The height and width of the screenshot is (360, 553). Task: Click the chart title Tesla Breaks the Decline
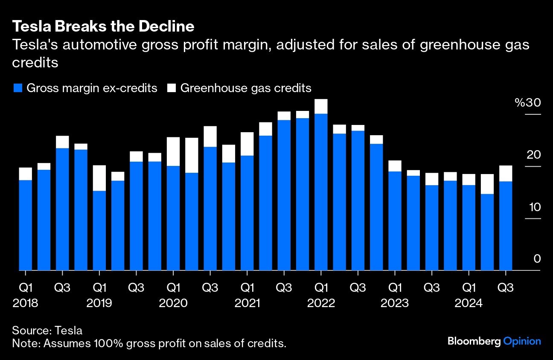(x=103, y=27)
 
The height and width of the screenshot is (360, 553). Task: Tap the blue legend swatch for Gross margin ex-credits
(x=17, y=88)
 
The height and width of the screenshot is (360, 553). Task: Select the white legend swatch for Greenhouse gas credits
(x=172, y=88)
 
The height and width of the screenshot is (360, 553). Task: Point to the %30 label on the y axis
(x=527, y=103)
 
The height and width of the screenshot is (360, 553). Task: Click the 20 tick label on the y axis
(x=533, y=155)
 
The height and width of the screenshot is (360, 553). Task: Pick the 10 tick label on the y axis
(x=533, y=207)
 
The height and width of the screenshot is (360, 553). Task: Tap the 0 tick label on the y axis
(x=537, y=259)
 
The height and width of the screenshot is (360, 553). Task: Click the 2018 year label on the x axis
(x=26, y=303)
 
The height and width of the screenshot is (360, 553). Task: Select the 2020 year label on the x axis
(x=173, y=303)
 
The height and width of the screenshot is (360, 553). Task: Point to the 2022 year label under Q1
(x=320, y=303)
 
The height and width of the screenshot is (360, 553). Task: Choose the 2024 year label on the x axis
(x=468, y=303)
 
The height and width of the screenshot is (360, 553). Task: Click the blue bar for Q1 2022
(x=320, y=192)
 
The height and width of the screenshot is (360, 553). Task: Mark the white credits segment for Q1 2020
(x=173, y=151)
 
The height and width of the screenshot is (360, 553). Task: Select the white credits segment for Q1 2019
(x=99, y=178)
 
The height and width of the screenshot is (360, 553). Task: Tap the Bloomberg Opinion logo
(x=494, y=341)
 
